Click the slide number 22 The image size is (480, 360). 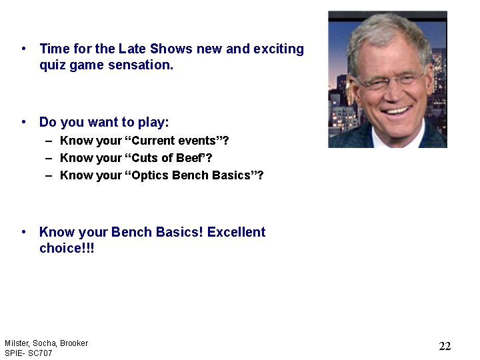445,346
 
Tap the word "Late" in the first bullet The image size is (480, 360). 133,49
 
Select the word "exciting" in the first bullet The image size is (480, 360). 279,49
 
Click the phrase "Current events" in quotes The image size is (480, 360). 175,141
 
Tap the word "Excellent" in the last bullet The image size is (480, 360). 236,232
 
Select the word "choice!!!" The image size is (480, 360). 67,249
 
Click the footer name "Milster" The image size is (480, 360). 16,343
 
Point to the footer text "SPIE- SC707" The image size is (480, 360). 28,353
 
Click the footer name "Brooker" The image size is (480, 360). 73,343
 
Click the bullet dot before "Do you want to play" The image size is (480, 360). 24,123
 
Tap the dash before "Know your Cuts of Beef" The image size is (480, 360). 49,158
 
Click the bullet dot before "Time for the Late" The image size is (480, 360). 24,49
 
